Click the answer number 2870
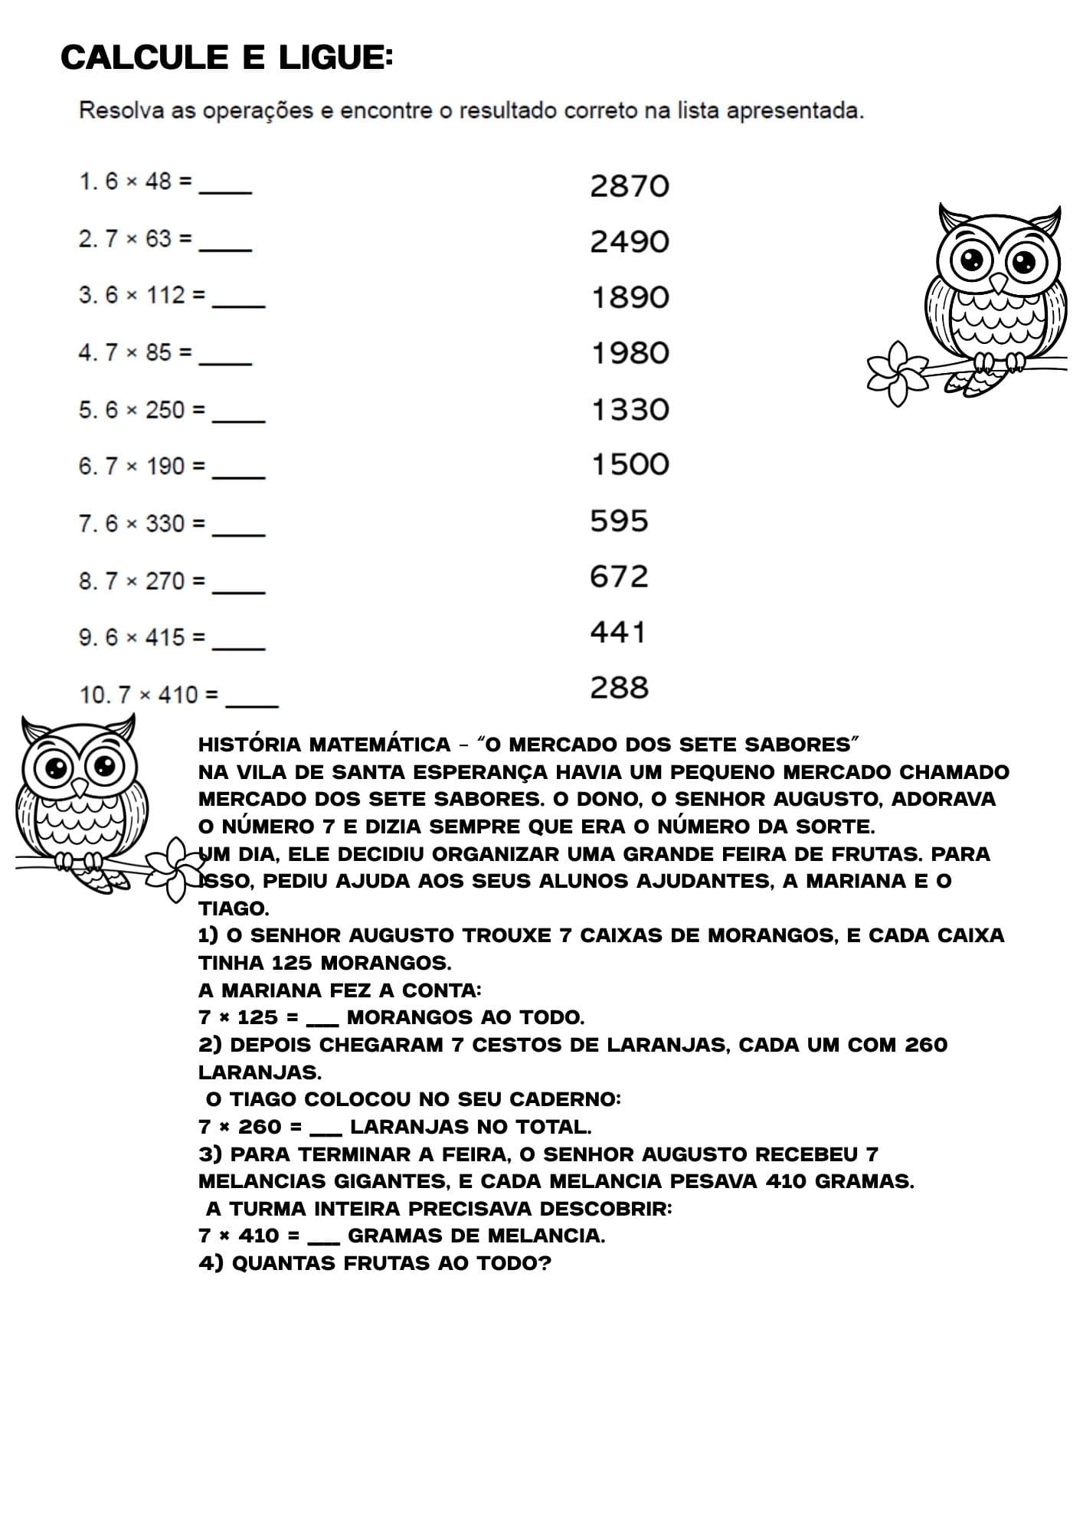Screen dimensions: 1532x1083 click(630, 186)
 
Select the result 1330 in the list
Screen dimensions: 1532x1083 click(630, 410)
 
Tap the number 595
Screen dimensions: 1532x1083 click(619, 521)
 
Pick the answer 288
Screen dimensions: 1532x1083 click(619, 688)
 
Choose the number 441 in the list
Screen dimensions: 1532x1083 click(618, 632)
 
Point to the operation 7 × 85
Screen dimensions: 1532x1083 click(138, 352)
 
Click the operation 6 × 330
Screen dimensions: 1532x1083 click(145, 524)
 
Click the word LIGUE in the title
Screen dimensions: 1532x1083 click(335, 57)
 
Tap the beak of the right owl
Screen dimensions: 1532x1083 click(998, 283)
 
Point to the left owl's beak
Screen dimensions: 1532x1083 click(79, 787)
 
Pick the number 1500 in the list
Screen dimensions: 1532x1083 click(630, 464)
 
